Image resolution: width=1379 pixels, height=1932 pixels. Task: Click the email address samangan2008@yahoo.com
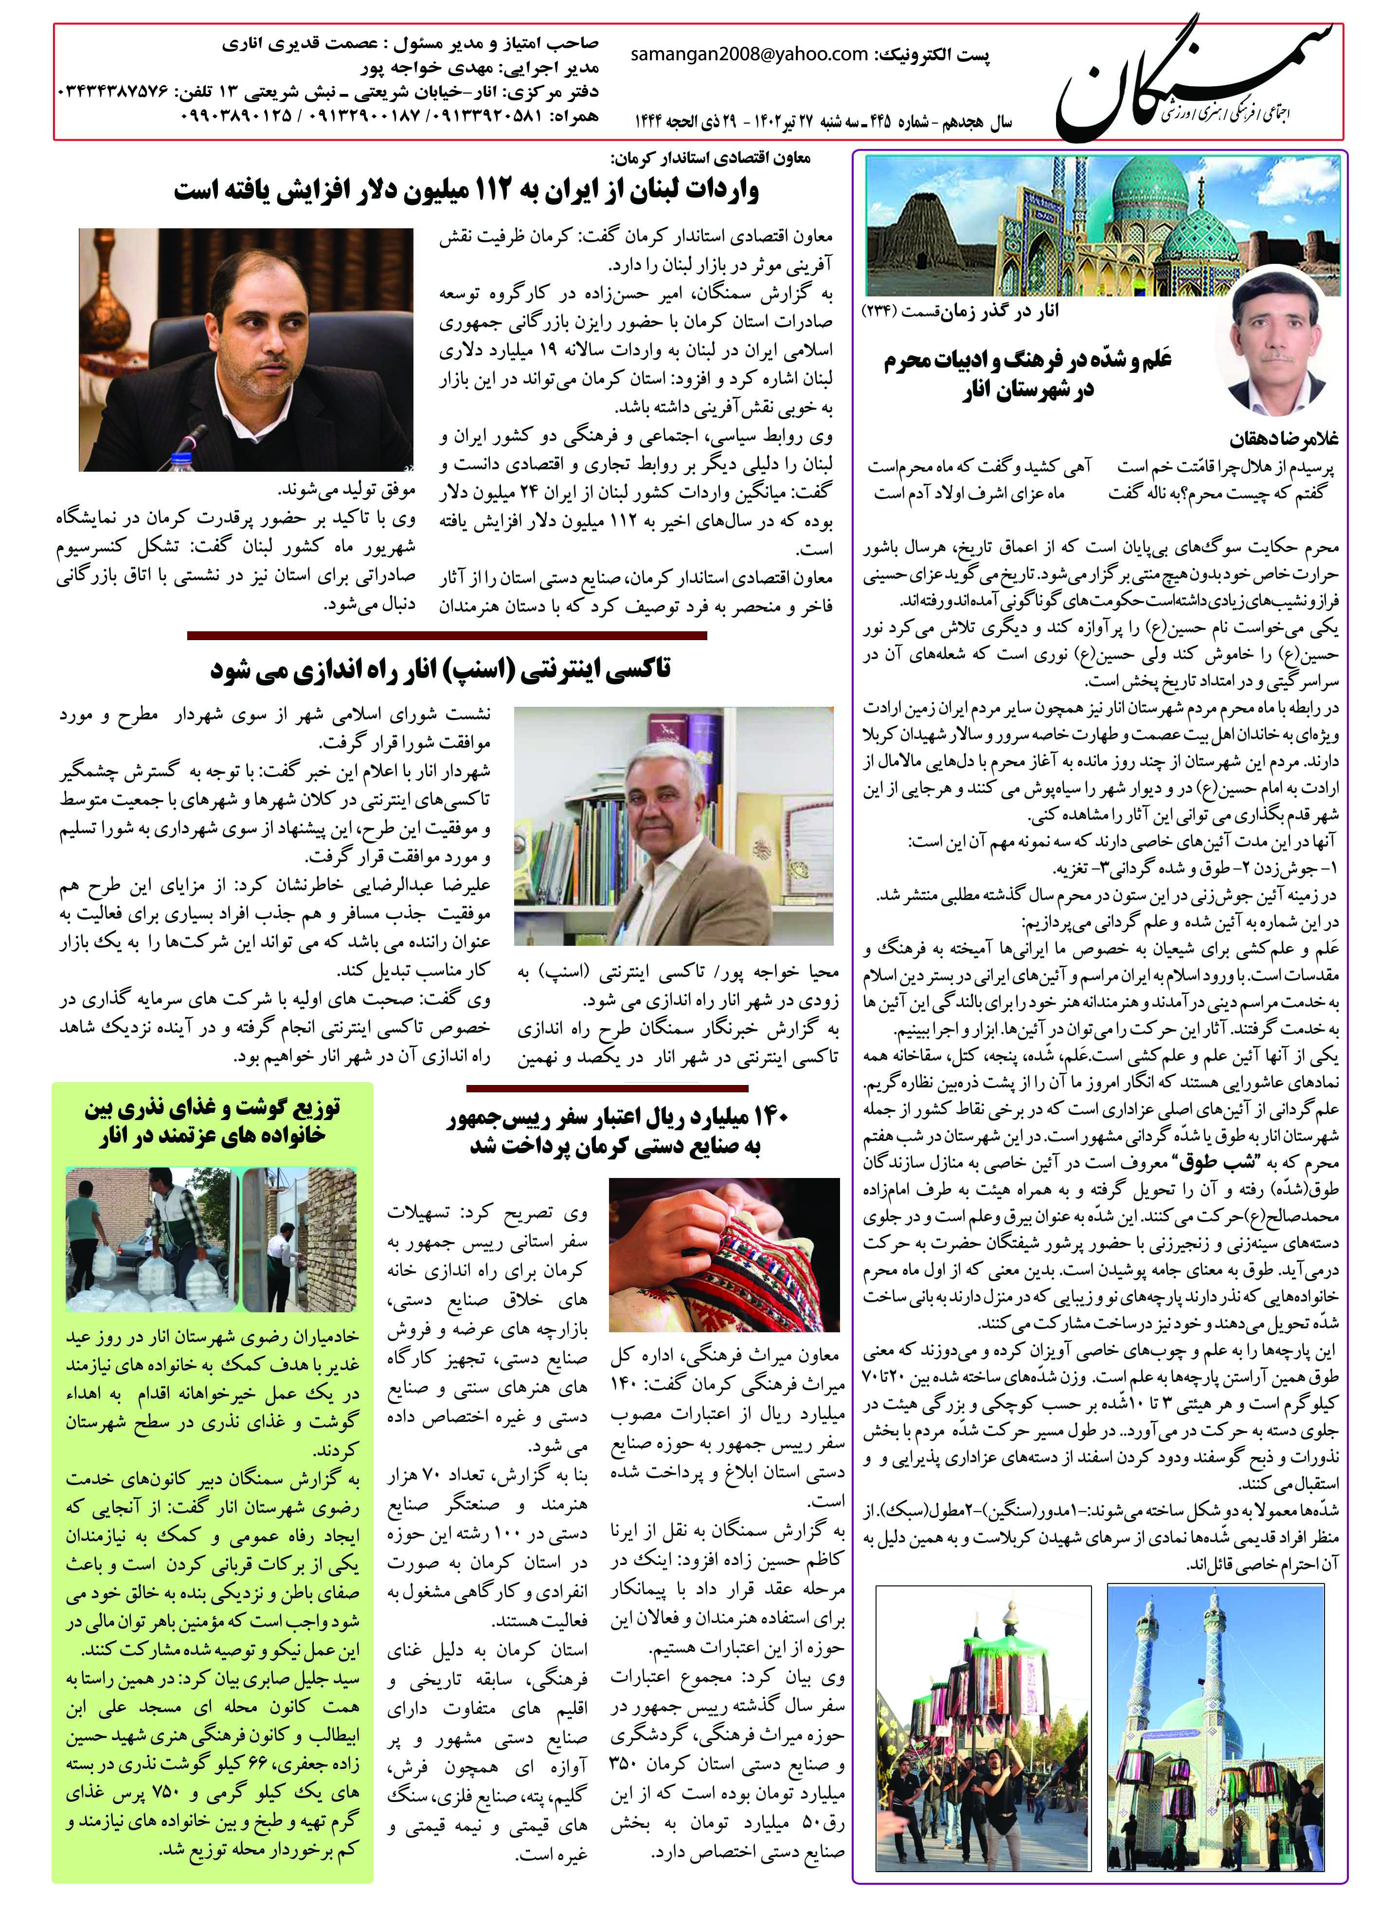[x=750, y=55]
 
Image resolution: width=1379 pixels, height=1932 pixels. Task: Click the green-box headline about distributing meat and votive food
[x=212, y=1122]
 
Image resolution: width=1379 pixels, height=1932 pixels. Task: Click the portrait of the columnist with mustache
[x=1274, y=344]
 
